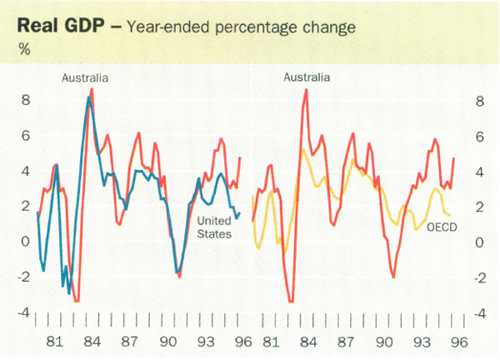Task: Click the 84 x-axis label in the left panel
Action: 93,342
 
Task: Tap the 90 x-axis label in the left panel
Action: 168,342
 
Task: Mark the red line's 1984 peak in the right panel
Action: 307,89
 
